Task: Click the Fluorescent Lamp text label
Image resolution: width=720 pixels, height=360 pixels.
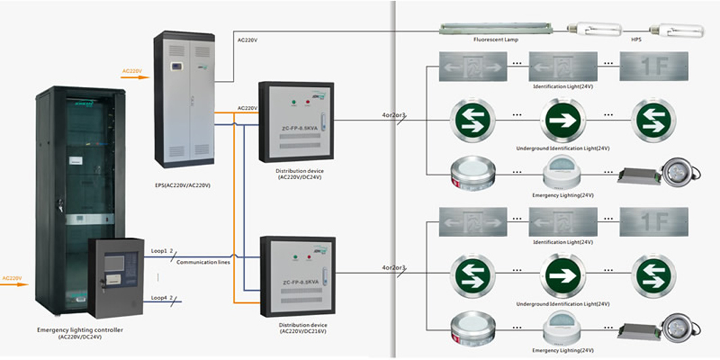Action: coord(496,40)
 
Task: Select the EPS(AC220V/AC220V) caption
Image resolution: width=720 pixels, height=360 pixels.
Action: coord(183,185)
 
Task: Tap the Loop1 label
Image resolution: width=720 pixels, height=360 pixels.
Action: coord(158,251)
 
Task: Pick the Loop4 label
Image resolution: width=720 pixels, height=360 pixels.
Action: coord(158,297)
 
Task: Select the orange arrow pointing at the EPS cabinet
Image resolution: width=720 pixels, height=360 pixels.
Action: coord(135,77)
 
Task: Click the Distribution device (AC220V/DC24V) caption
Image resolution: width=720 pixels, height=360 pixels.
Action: coord(299,174)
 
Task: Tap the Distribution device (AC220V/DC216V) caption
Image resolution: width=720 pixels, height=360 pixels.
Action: coord(300,329)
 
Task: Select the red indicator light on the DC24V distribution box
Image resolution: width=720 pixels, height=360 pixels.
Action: coord(308,103)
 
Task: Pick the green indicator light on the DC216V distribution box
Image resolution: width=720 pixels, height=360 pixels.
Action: coord(295,257)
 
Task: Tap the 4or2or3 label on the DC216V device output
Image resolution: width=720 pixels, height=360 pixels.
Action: coord(393,268)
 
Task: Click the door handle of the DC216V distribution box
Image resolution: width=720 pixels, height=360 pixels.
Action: coord(325,276)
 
